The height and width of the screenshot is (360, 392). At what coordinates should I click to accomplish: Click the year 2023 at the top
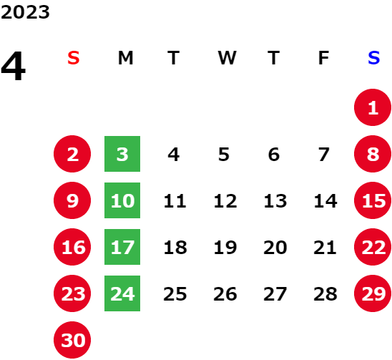pos(25,12)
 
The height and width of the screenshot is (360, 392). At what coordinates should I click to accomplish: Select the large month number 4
pos(14,66)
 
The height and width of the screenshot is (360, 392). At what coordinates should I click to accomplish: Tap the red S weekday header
pos(74,58)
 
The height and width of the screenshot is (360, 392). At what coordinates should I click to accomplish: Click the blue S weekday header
pos(373,58)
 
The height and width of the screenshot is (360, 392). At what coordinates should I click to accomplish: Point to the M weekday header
pos(125,58)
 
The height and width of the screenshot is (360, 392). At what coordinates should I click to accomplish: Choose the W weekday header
pos(227,58)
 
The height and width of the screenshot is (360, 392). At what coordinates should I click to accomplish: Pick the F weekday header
pos(324,58)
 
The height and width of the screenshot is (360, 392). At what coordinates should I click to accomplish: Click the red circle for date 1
pos(373,107)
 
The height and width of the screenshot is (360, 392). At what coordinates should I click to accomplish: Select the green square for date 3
pos(122,154)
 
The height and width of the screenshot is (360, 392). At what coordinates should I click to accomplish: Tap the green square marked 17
pos(122,247)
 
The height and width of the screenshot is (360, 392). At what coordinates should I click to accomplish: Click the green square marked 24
pos(122,293)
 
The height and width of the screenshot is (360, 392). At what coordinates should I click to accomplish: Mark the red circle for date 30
pos(72,340)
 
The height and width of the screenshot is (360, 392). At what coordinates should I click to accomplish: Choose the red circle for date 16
pos(72,247)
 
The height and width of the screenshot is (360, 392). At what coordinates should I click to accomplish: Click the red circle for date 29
pos(373,293)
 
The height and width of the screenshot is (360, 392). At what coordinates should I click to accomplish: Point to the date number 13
pos(275,201)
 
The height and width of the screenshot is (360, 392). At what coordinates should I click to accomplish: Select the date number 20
pos(275,248)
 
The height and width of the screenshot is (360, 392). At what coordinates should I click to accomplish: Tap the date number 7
pos(324,155)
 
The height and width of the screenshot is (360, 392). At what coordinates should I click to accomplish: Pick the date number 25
pos(175,294)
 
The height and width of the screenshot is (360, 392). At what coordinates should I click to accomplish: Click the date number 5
pos(224,155)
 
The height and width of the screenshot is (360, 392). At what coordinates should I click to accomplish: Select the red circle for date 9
pos(72,200)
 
